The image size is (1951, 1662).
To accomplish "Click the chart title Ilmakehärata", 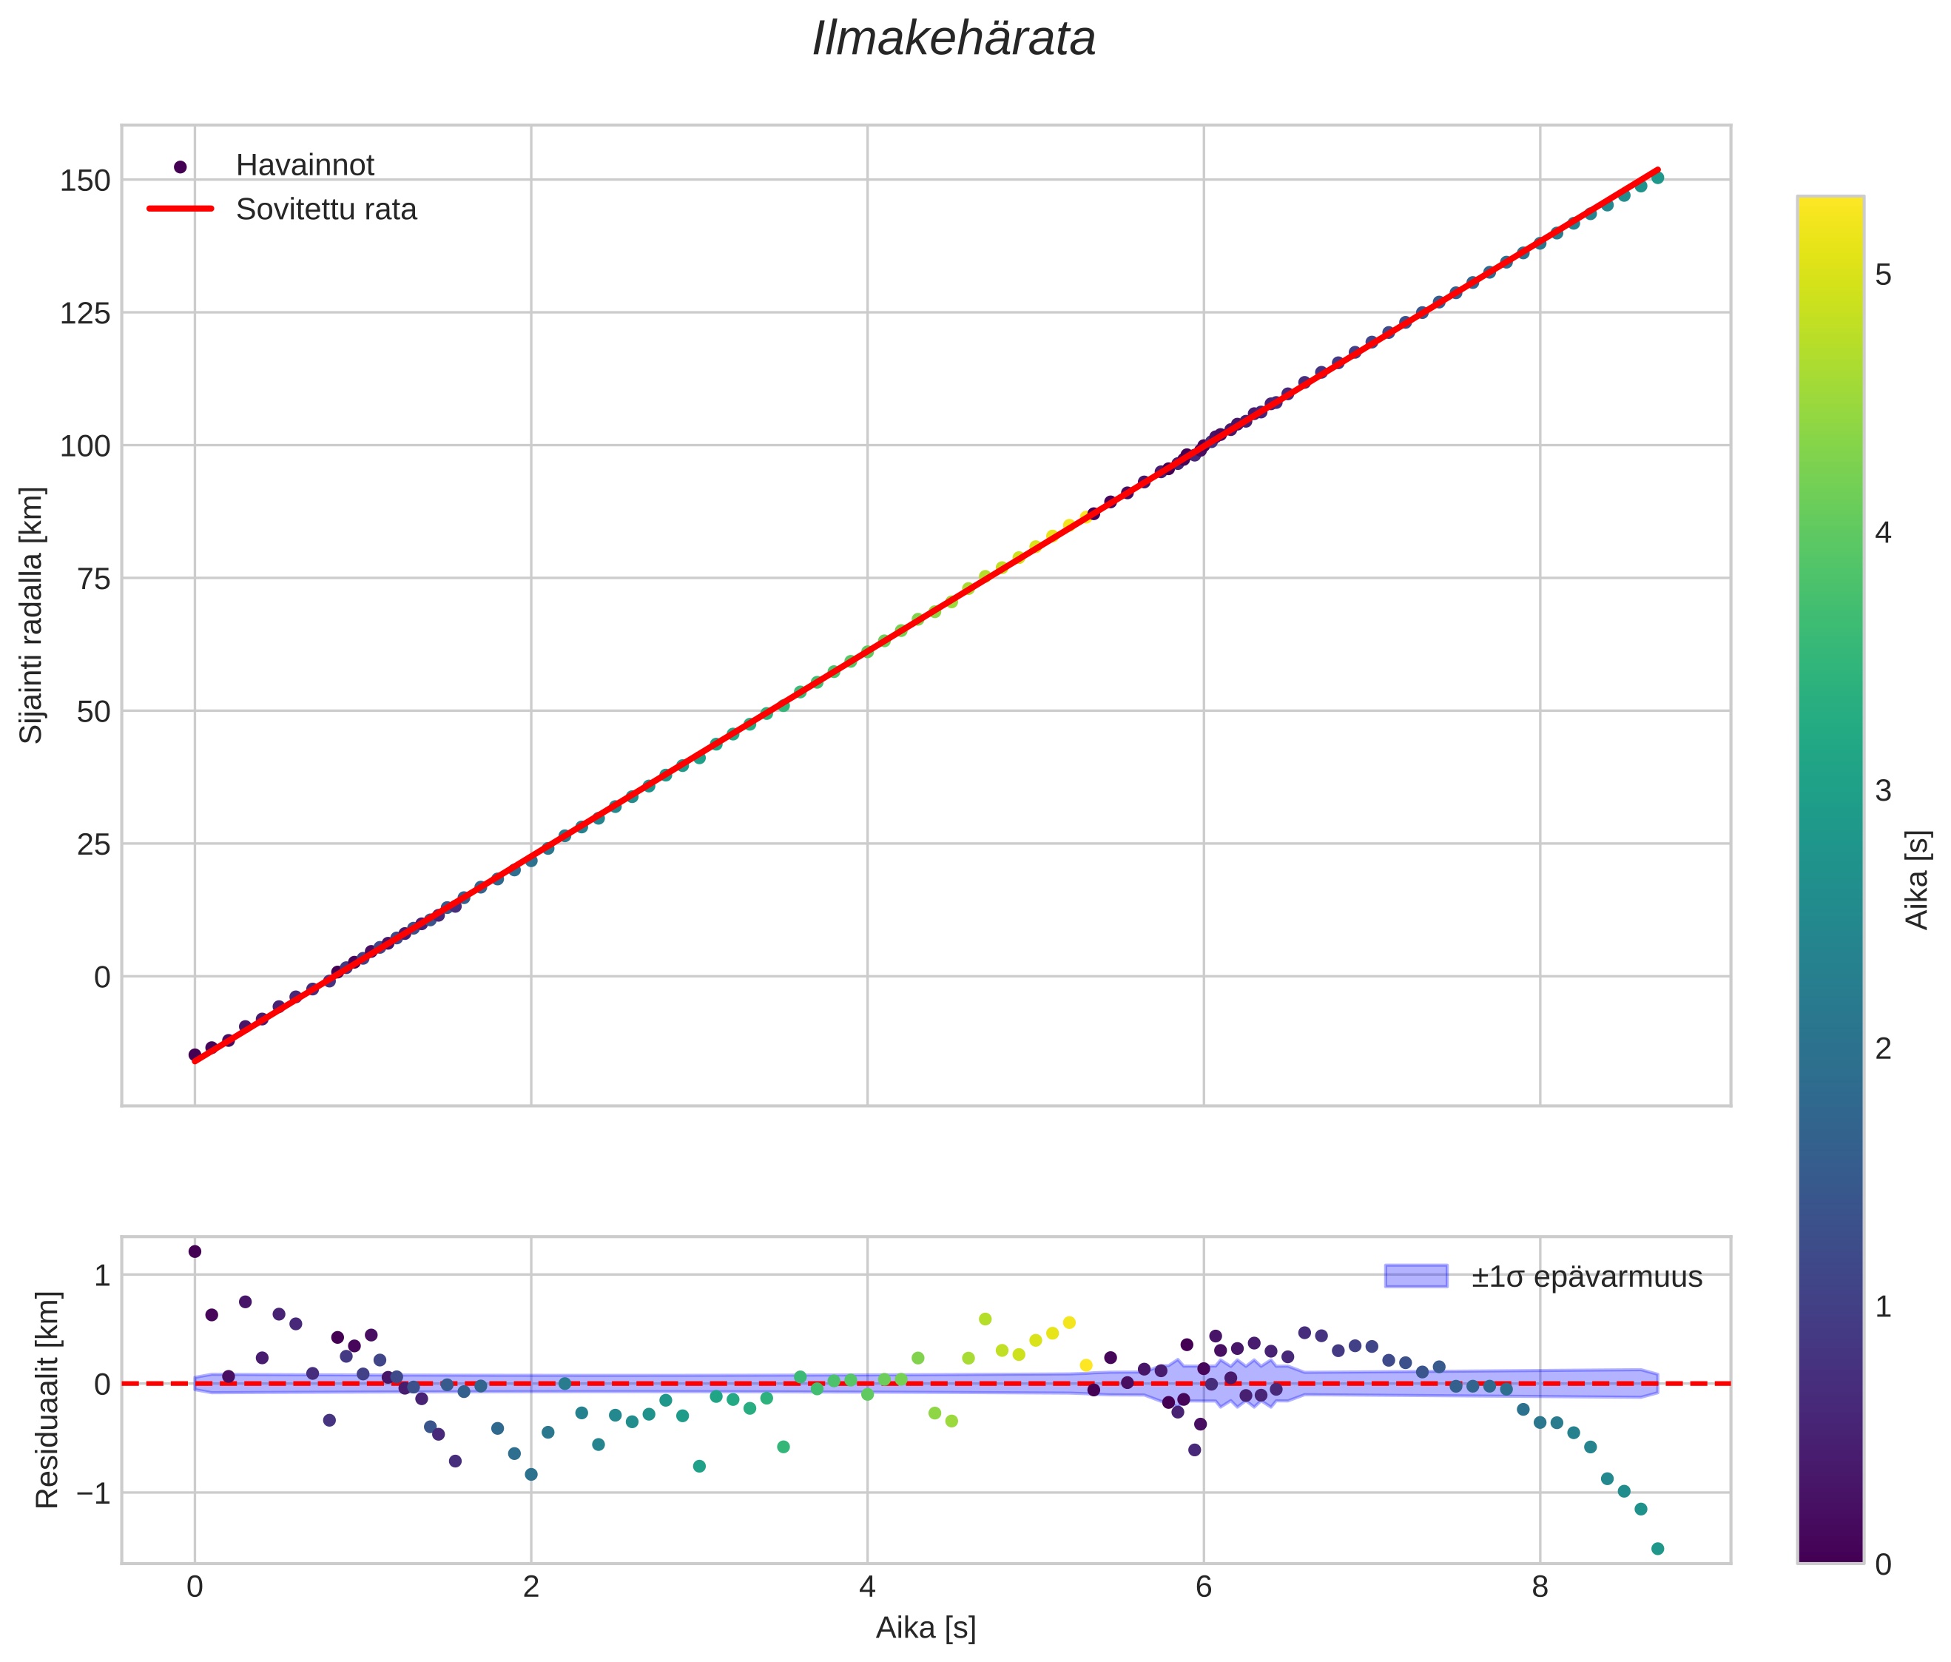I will pyautogui.click(x=953, y=39).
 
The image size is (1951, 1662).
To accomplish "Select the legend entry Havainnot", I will pyautogui.click(x=304, y=165).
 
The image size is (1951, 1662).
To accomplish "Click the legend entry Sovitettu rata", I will pyautogui.click(x=326, y=209).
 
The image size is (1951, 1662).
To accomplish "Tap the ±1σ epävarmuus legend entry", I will pyautogui.click(x=1586, y=1277).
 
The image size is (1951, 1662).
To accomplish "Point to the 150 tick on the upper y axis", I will pyautogui.click(x=85, y=180).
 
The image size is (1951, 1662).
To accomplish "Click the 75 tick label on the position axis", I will pyautogui.click(x=94, y=578).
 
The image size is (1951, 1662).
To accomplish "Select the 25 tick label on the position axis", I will pyautogui.click(x=94, y=844).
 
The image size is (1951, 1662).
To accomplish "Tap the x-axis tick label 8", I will pyautogui.click(x=1540, y=1587).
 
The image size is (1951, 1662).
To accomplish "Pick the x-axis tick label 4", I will pyautogui.click(x=867, y=1587).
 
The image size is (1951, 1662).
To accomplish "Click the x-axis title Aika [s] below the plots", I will pyautogui.click(x=926, y=1628).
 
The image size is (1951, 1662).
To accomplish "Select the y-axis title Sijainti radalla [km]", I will pyautogui.click(x=32, y=615).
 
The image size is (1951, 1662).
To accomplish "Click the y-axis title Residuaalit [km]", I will pyautogui.click(x=47, y=1399).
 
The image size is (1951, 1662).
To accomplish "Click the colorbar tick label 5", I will pyautogui.click(x=1883, y=276).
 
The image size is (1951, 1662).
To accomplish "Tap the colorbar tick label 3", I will pyautogui.click(x=1883, y=791).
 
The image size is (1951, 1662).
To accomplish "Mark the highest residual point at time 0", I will pyautogui.click(x=195, y=1251).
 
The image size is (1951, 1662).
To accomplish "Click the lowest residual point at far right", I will pyautogui.click(x=1657, y=1548).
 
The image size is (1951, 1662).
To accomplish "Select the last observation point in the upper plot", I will pyautogui.click(x=1657, y=177).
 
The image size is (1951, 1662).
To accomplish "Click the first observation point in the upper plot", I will pyautogui.click(x=195, y=1054).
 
